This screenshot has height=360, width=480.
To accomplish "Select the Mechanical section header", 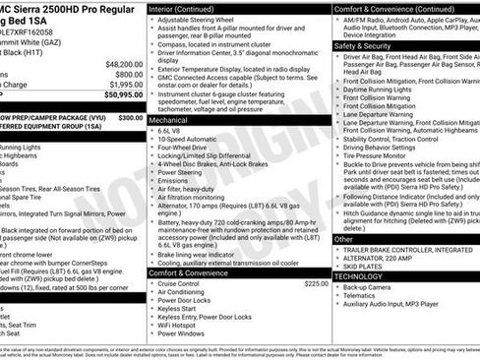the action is pyautogui.click(x=174, y=117).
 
